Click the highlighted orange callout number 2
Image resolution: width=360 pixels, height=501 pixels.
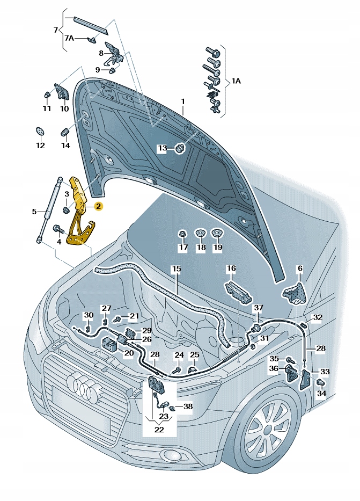point(98,205)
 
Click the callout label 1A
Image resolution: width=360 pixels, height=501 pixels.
point(236,82)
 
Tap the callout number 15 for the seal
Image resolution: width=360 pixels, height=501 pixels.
point(177,268)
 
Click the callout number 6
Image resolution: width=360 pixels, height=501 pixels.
point(300,268)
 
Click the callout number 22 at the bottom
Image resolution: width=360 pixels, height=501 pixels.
point(159,429)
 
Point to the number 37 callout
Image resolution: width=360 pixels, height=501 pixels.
point(259,307)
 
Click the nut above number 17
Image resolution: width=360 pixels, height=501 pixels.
point(183,235)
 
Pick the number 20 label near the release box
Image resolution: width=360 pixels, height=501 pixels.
point(129,353)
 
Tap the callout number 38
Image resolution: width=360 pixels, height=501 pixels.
point(188,406)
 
